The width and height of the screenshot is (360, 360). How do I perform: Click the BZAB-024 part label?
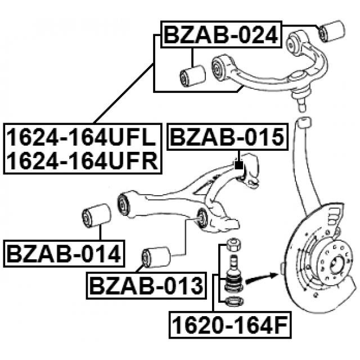(220, 36)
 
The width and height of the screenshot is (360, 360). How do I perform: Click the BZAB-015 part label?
(228, 137)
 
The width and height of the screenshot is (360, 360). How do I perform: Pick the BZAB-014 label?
(64, 254)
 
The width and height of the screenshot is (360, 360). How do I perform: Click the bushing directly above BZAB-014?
(94, 216)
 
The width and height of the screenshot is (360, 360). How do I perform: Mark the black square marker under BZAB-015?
(238, 165)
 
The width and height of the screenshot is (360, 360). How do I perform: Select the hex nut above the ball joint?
(232, 246)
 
